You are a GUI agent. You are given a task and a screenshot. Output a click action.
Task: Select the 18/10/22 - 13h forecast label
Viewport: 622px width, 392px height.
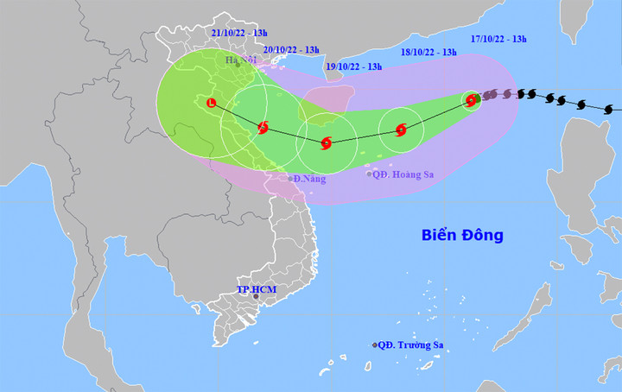pyautogui.click(x=428, y=52)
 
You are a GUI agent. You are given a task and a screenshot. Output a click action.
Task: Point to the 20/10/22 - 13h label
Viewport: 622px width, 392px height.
pyautogui.click(x=291, y=49)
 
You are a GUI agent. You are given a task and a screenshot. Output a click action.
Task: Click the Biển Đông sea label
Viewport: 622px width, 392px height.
pyautogui.click(x=462, y=235)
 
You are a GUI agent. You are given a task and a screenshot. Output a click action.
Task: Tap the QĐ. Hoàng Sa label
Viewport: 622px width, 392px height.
pyautogui.click(x=403, y=174)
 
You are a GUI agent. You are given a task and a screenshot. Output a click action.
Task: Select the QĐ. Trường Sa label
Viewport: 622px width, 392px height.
pyautogui.click(x=412, y=345)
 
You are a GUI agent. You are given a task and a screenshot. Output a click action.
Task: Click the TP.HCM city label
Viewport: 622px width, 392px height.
pyautogui.click(x=257, y=288)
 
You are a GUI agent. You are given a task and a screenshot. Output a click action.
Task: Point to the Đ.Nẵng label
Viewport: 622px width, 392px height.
pyautogui.click(x=308, y=178)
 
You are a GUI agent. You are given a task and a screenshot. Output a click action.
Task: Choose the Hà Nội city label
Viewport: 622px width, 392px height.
pyautogui.click(x=241, y=60)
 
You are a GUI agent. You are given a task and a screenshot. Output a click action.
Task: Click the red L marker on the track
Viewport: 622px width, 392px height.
pyautogui.click(x=213, y=104)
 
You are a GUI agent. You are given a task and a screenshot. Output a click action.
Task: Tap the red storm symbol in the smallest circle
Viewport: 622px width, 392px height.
pyautogui.click(x=471, y=101)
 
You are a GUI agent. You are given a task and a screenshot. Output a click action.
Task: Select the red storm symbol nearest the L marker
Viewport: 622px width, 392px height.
pyautogui.click(x=263, y=128)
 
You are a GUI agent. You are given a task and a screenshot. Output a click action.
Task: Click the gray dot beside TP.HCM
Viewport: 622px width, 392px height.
pyautogui.click(x=256, y=297)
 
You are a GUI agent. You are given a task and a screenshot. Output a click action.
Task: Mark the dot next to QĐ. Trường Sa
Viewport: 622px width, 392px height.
pyautogui.click(x=375, y=345)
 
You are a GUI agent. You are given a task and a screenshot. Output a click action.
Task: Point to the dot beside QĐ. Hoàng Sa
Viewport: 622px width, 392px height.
pyautogui.click(x=369, y=174)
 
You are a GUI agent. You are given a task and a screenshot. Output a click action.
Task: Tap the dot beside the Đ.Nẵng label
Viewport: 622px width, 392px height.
pyautogui.click(x=290, y=179)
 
